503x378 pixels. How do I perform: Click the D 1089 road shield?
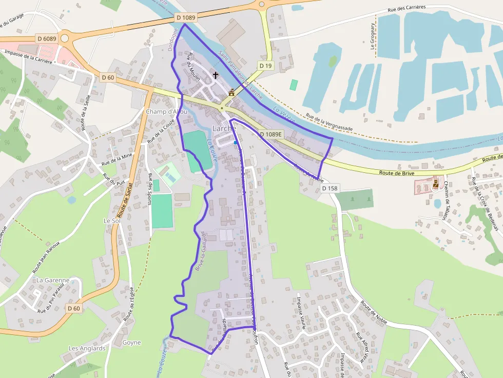(x=186, y=17)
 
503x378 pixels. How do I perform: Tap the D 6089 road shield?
(x=47, y=38)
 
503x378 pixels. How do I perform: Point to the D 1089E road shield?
(x=270, y=134)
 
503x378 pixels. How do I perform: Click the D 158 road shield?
(x=330, y=188)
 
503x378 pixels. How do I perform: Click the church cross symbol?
(x=216, y=75)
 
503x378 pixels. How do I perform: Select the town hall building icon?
(x=231, y=93)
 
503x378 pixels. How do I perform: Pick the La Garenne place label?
(x=52, y=280)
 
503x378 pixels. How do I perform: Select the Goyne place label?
(x=132, y=342)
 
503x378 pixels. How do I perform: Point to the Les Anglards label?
(x=87, y=348)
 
